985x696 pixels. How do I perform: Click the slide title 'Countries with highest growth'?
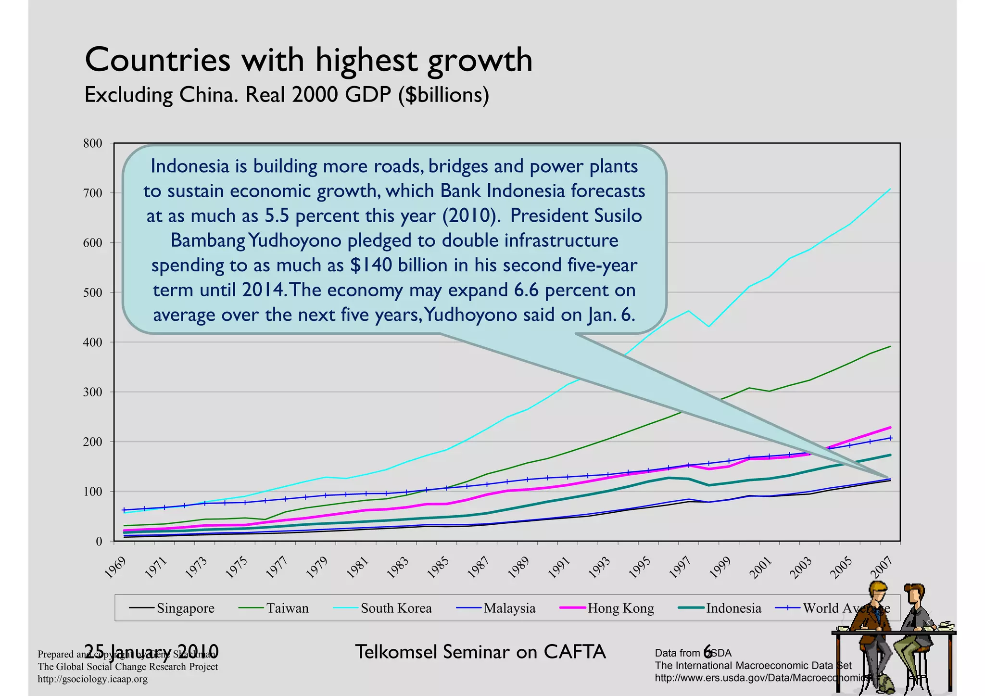[308, 61]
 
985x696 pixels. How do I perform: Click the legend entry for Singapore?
[185, 608]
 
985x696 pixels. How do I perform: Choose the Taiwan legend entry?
[287, 608]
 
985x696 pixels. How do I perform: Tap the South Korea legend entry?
[396, 608]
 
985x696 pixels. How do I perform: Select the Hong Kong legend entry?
[620, 608]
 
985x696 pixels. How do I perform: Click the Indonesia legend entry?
[733, 608]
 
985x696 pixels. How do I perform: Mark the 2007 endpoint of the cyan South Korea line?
[890, 189]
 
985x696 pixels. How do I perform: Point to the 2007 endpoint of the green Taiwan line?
[890, 346]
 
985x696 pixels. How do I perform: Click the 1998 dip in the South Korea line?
[709, 327]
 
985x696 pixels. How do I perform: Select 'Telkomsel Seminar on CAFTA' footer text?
[480, 652]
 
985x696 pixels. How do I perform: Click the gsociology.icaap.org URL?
[93, 679]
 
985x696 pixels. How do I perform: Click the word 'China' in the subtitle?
[208, 95]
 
